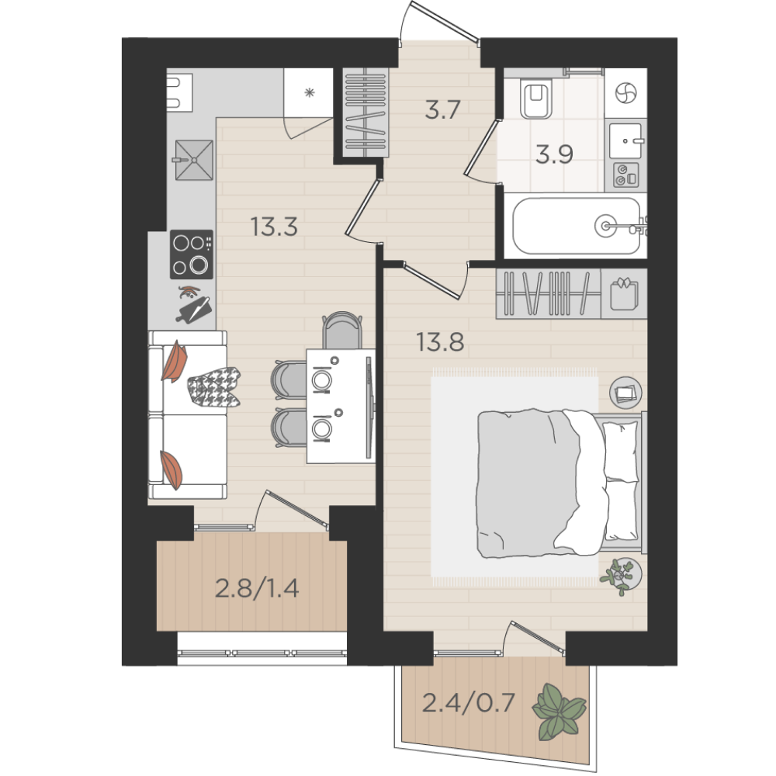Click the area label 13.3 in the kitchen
tap(274, 227)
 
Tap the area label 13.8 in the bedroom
tap(440, 341)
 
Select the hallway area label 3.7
tap(443, 109)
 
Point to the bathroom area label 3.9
tap(554, 154)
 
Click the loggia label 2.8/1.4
tap(257, 589)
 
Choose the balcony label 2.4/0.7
tap(468, 703)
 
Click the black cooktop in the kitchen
tap(192, 255)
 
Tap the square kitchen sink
tap(194, 160)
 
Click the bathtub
tap(577, 227)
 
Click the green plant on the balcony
tap(559, 711)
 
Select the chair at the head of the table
tap(342, 330)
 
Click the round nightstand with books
tap(625, 393)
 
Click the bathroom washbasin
tap(625, 140)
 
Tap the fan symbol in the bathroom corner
tap(625, 93)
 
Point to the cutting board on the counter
tap(195, 310)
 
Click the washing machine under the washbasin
tap(626, 175)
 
